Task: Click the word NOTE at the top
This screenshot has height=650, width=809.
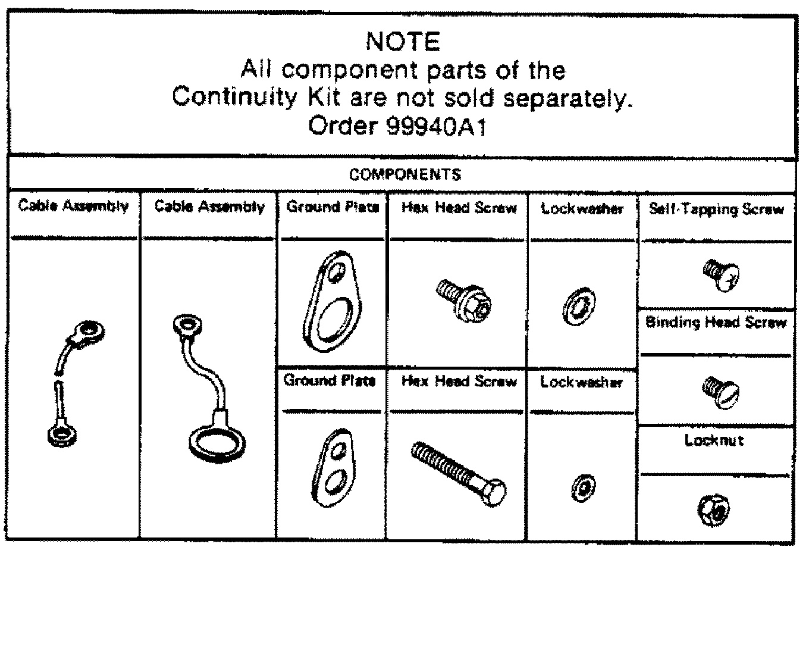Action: [x=403, y=42]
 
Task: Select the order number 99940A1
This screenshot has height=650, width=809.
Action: [x=437, y=126]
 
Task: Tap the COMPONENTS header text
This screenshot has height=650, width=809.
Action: [x=405, y=174]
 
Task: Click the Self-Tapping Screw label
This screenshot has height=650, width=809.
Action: [x=717, y=209]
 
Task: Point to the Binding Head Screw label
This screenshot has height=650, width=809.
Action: [x=716, y=323]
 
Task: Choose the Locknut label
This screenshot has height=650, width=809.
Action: [x=714, y=440]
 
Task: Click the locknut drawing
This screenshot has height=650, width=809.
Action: [x=713, y=510]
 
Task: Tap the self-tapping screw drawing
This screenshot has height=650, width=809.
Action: [x=721, y=276]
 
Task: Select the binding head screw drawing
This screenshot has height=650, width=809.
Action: [x=720, y=392]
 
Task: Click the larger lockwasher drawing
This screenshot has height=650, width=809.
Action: [x=579, y=307]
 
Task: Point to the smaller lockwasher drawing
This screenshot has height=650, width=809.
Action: [x=583, y=488]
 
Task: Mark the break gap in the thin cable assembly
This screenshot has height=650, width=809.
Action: [x=58, y=377]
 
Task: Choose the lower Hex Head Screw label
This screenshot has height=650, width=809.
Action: [x=459, y=382]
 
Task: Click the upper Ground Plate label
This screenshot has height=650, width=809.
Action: [x=333, y=207]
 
